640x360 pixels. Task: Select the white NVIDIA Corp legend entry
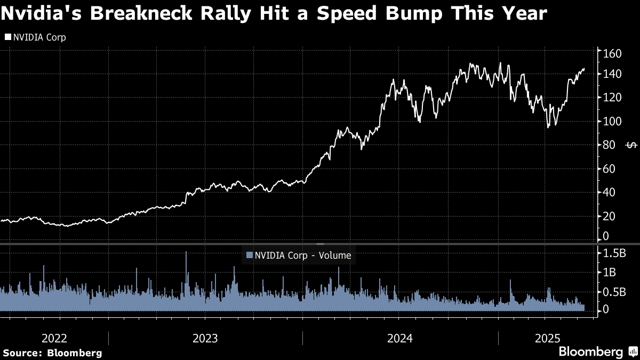pos(36,37)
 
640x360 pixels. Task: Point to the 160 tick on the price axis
pos(612,53)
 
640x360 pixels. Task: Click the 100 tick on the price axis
pos(612,122)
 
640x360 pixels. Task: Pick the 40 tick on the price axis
pos(609,193)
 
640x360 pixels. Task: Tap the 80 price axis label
pos(609,145)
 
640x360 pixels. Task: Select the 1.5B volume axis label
pos(614,252)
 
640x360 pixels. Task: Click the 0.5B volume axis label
pos(614,292)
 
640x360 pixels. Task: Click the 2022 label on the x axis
pos(54,338)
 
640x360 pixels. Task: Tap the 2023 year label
pos(205,338)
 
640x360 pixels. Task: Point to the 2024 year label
pos(400,338)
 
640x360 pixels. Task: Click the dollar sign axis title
pos(631,145)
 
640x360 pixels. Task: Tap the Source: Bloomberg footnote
pos(52,353)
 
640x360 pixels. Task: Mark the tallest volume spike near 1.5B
pos(186,253)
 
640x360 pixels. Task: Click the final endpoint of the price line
pos(584,69)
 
